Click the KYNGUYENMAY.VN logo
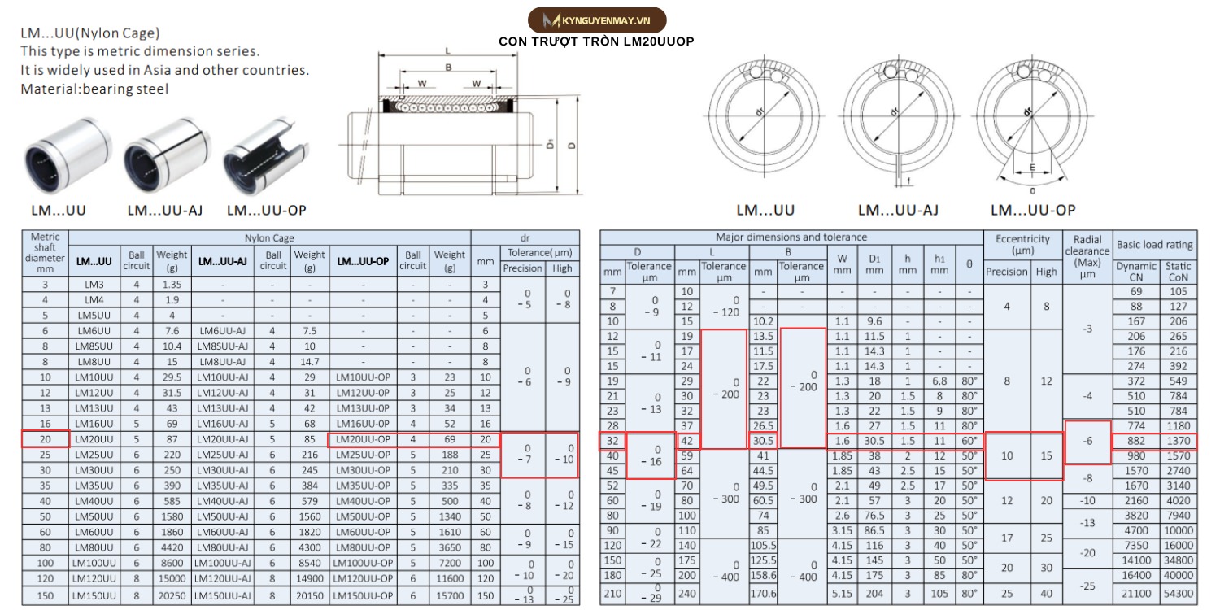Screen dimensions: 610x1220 coord(597,20)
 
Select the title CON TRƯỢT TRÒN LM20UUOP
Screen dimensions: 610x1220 coord(596,41)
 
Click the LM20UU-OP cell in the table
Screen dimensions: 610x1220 coord(362,439)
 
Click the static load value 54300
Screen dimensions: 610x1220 coord(1177,595)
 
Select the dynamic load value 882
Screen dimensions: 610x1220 coord(1135,440)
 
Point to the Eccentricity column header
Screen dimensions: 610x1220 coord(1022,244)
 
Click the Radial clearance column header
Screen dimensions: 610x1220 coord(1087,251)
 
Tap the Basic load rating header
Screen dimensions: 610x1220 coord(1154,244)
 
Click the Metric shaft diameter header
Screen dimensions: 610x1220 coord(45,252)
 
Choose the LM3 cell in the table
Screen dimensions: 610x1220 coord(94,285)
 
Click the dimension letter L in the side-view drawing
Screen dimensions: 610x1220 coord(448,51)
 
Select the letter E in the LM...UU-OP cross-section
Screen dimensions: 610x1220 coord(1032,169)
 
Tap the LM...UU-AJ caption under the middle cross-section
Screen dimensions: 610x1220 coord(898,210)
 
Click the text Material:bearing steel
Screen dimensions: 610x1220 coord(94,89)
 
